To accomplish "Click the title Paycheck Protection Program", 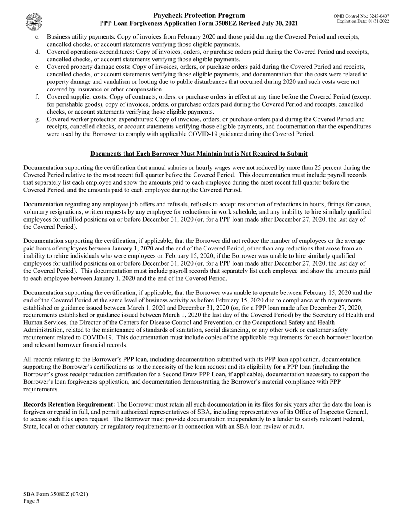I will click(x=199, y=16).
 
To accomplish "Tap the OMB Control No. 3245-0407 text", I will click(x=361, y=16).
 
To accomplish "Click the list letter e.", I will click(x=37, y=67).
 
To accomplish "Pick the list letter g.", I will click(x=37, y=119).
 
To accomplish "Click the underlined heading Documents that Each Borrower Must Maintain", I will click(x=199, y=154).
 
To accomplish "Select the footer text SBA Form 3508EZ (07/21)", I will click(x=56, y=494).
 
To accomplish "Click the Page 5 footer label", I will click(x=31, y=501).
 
